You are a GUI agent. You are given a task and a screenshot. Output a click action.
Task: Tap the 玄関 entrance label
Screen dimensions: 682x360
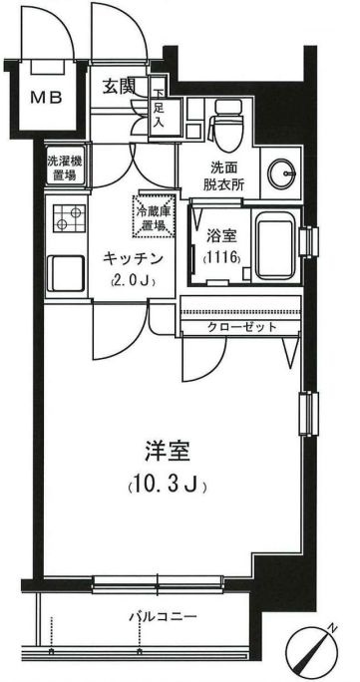coord(121,88)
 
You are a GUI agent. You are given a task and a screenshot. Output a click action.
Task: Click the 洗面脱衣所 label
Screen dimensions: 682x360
coord(223,177)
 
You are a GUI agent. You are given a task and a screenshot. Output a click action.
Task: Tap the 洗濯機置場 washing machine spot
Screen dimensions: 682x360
coord(66,169)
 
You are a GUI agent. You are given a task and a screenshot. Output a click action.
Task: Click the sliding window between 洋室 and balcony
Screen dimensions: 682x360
coord(160,581)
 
